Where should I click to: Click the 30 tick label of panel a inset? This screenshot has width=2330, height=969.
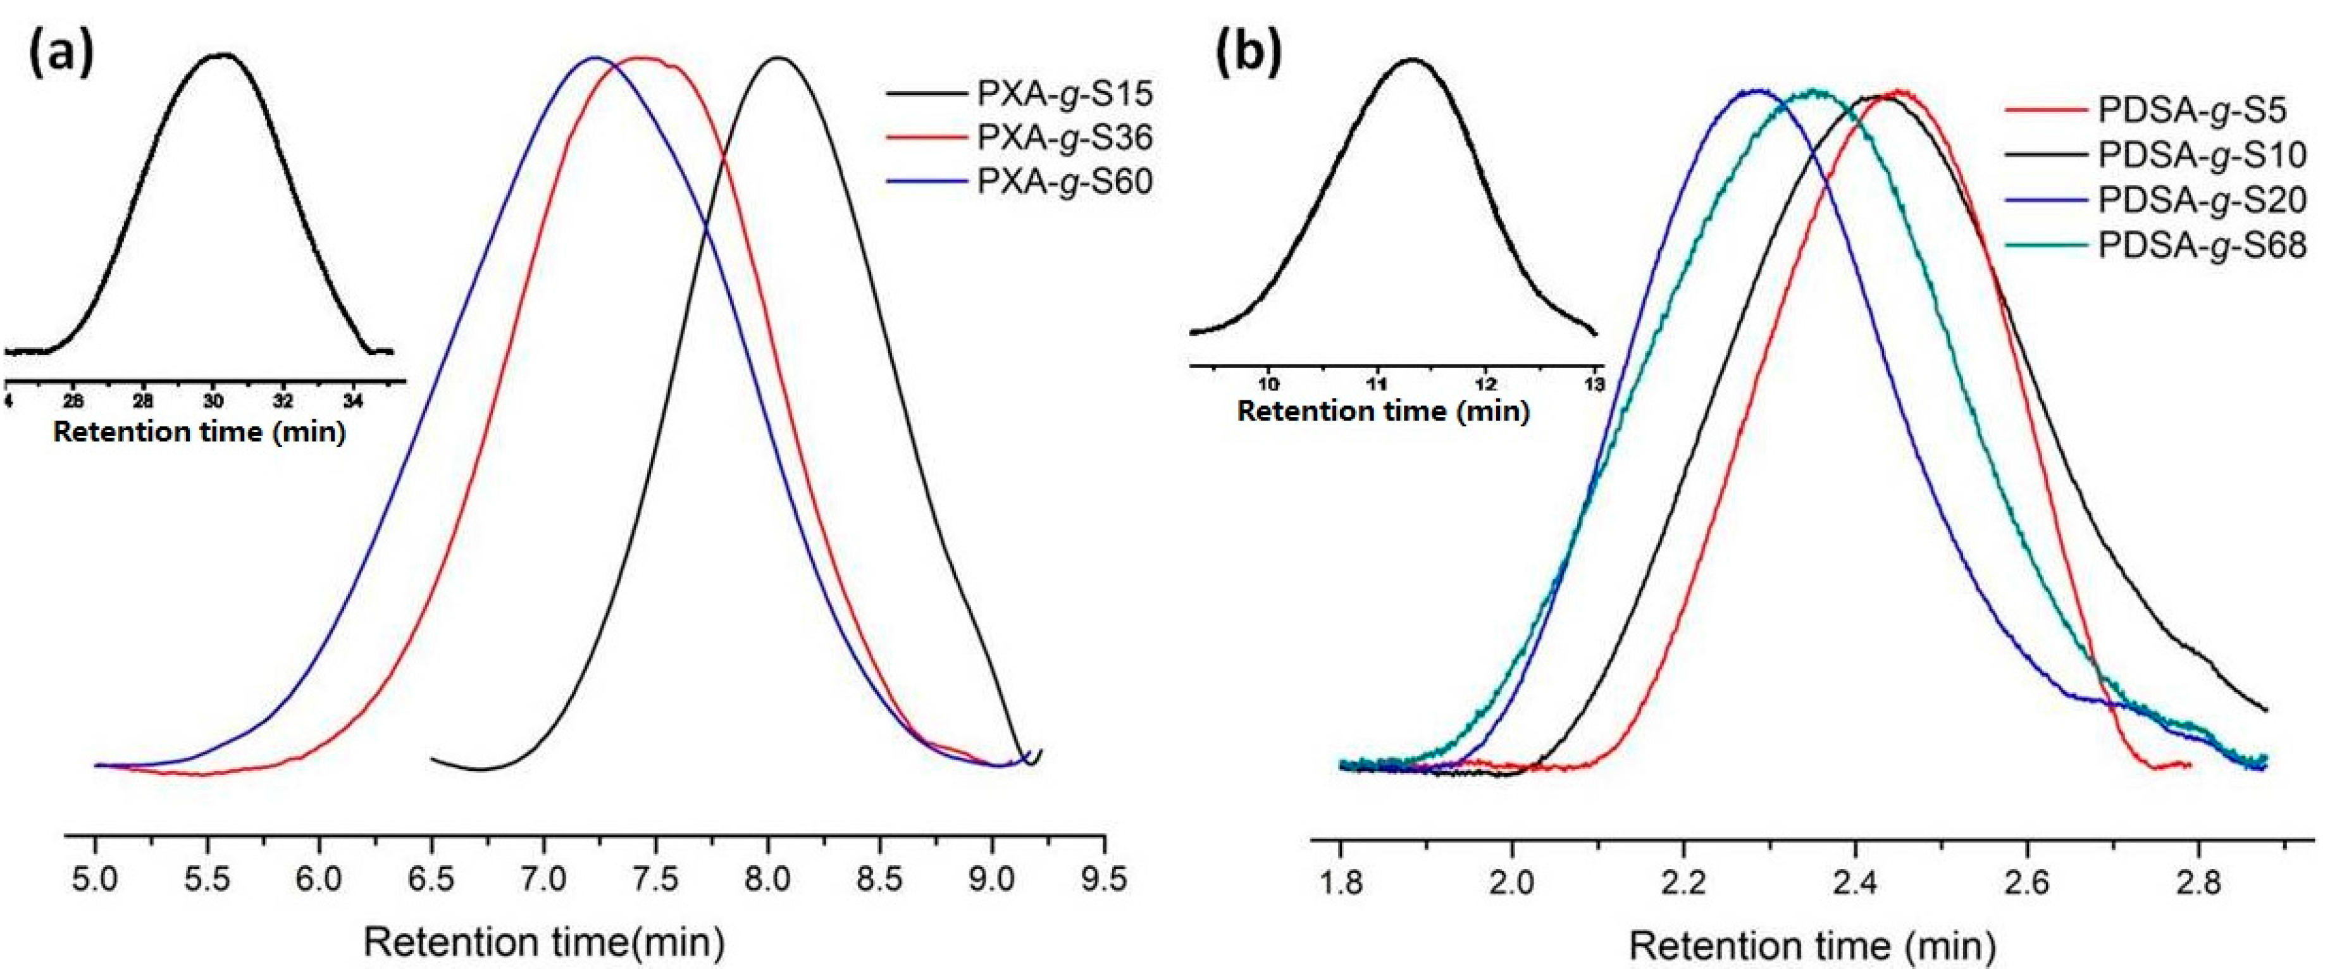click(x=213, y=402)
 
